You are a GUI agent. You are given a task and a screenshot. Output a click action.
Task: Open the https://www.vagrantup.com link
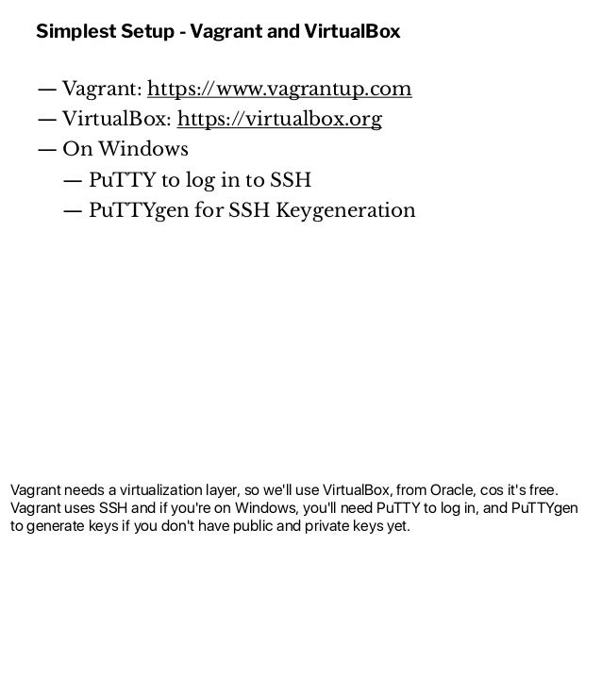click(x=279, y=90)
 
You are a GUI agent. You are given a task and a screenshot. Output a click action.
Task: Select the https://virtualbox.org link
click(x=279, y=120)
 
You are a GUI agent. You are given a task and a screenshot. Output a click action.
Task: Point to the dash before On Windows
click(x=46, y=150)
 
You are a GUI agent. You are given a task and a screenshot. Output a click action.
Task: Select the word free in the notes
click(x=553, y=490)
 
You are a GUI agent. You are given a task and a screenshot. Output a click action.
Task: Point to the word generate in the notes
click(x=55, y=526)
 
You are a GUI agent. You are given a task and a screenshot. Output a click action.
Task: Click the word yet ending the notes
click(x=397, y=526)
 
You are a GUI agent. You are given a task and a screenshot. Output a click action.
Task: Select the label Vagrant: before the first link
click(x=102, y=90)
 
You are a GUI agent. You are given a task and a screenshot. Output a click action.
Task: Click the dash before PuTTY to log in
click(x=72, y=180)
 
